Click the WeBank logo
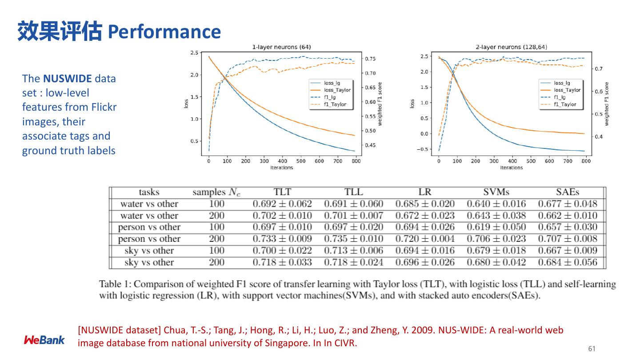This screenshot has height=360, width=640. click(x=44, y=340)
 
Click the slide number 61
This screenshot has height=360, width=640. click(x=592, y=348)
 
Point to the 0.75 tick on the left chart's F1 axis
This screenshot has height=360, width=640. click(x=371, y=59)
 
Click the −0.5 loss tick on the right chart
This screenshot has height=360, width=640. click(x=423, y=149)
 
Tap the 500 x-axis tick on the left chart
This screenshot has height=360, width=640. click(x=301, y=161)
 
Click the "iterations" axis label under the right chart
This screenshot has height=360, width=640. click(x=512, y=168)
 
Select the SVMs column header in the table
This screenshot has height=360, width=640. click(x=496, y=192)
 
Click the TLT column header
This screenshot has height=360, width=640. click(x=282, y=192)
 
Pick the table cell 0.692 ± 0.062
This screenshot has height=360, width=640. click(x=282, y=204)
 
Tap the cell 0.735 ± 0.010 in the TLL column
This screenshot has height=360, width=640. click(x=353, y=239)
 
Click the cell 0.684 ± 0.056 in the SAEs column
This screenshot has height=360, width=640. click(x=568, y=262)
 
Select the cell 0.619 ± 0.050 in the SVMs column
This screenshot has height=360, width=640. click(x=496, y=227)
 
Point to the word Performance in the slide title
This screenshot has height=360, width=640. click(x=164, y=32)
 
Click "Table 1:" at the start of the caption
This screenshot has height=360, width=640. click(x=113, y=284)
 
